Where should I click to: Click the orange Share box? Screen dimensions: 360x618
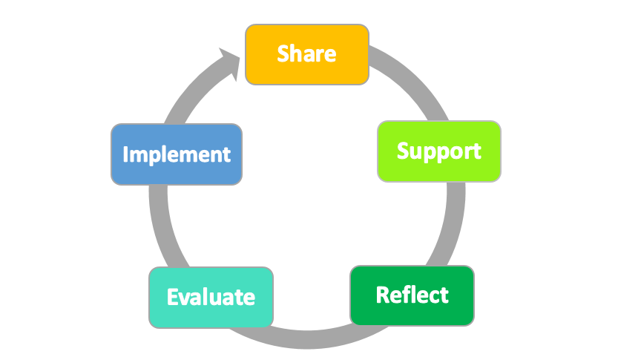click(x=306, y=54)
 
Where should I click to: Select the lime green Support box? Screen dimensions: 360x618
click(x=438, y=151)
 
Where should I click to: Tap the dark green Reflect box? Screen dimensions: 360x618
click(x=412, y=295)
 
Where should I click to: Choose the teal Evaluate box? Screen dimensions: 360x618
click(x=211, y=298)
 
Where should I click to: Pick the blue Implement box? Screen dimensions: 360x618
click(x=176, y=154)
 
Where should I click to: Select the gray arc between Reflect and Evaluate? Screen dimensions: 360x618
click(x=312, y=342)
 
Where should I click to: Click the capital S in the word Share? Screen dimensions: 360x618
click(x=283, y=54)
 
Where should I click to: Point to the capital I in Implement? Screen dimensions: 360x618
click(x=125, y=154)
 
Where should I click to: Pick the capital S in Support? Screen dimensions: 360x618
click(x=404, y=151)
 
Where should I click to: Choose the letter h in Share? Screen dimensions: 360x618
click(x=296, y=53)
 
